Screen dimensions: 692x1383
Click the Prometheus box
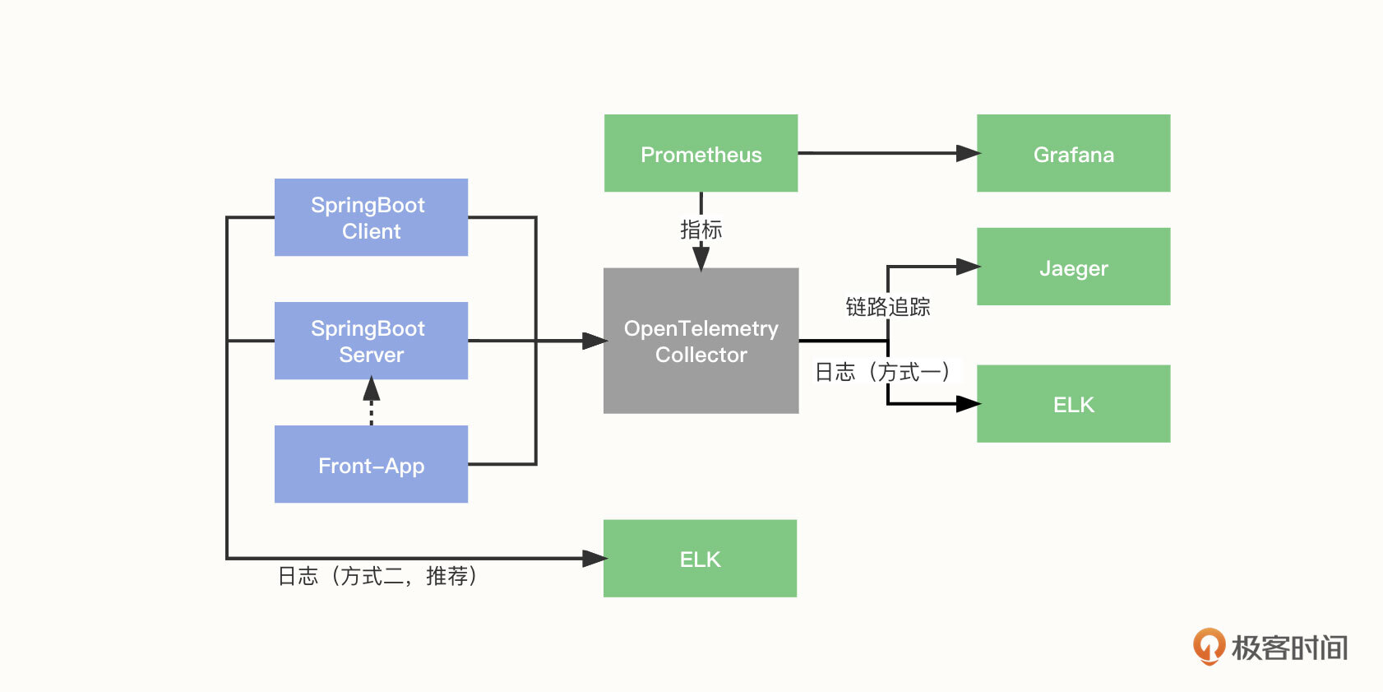pyautogui.click(x=701, y=154)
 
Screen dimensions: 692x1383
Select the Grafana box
pyautogui.click(x=1073, y=154)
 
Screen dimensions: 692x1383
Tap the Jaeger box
pyautogui.click(x=1073, y=267)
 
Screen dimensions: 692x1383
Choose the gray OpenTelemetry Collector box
pyautogui.click(x=701, y=341)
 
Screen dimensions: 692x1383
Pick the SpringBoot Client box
pyautogui.click(x=371, y=217)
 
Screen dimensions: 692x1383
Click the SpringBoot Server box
pyautogui.click(x=371, y=341)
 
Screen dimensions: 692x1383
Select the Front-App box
pyautogui.click(x=371, y=464)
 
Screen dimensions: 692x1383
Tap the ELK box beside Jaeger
pyautogui.click(x=1073, y=404)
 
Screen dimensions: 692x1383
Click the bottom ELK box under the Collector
pyautogui.click(x=700, y=559)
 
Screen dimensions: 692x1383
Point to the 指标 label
pyautogui.click(x=701, y=230)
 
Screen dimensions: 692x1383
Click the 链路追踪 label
pyautogui.click(x=888, y=307)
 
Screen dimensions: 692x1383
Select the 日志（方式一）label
pyautogui.click(x=883, y=372)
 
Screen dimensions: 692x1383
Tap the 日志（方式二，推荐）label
pyautogui.click(x=377, y=576)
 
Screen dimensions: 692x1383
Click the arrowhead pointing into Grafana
pyautogui.click(x=968, y=153)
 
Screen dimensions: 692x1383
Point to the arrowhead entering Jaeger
pyautogui.click(x=968, y=267)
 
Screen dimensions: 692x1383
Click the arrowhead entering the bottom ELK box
pyautogui.click(x=594, y=559)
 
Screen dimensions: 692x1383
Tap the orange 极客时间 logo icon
pyautogui.click(x=1209, y=646)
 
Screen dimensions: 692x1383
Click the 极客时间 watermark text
pyautogui.click(x=1289, y=648)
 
